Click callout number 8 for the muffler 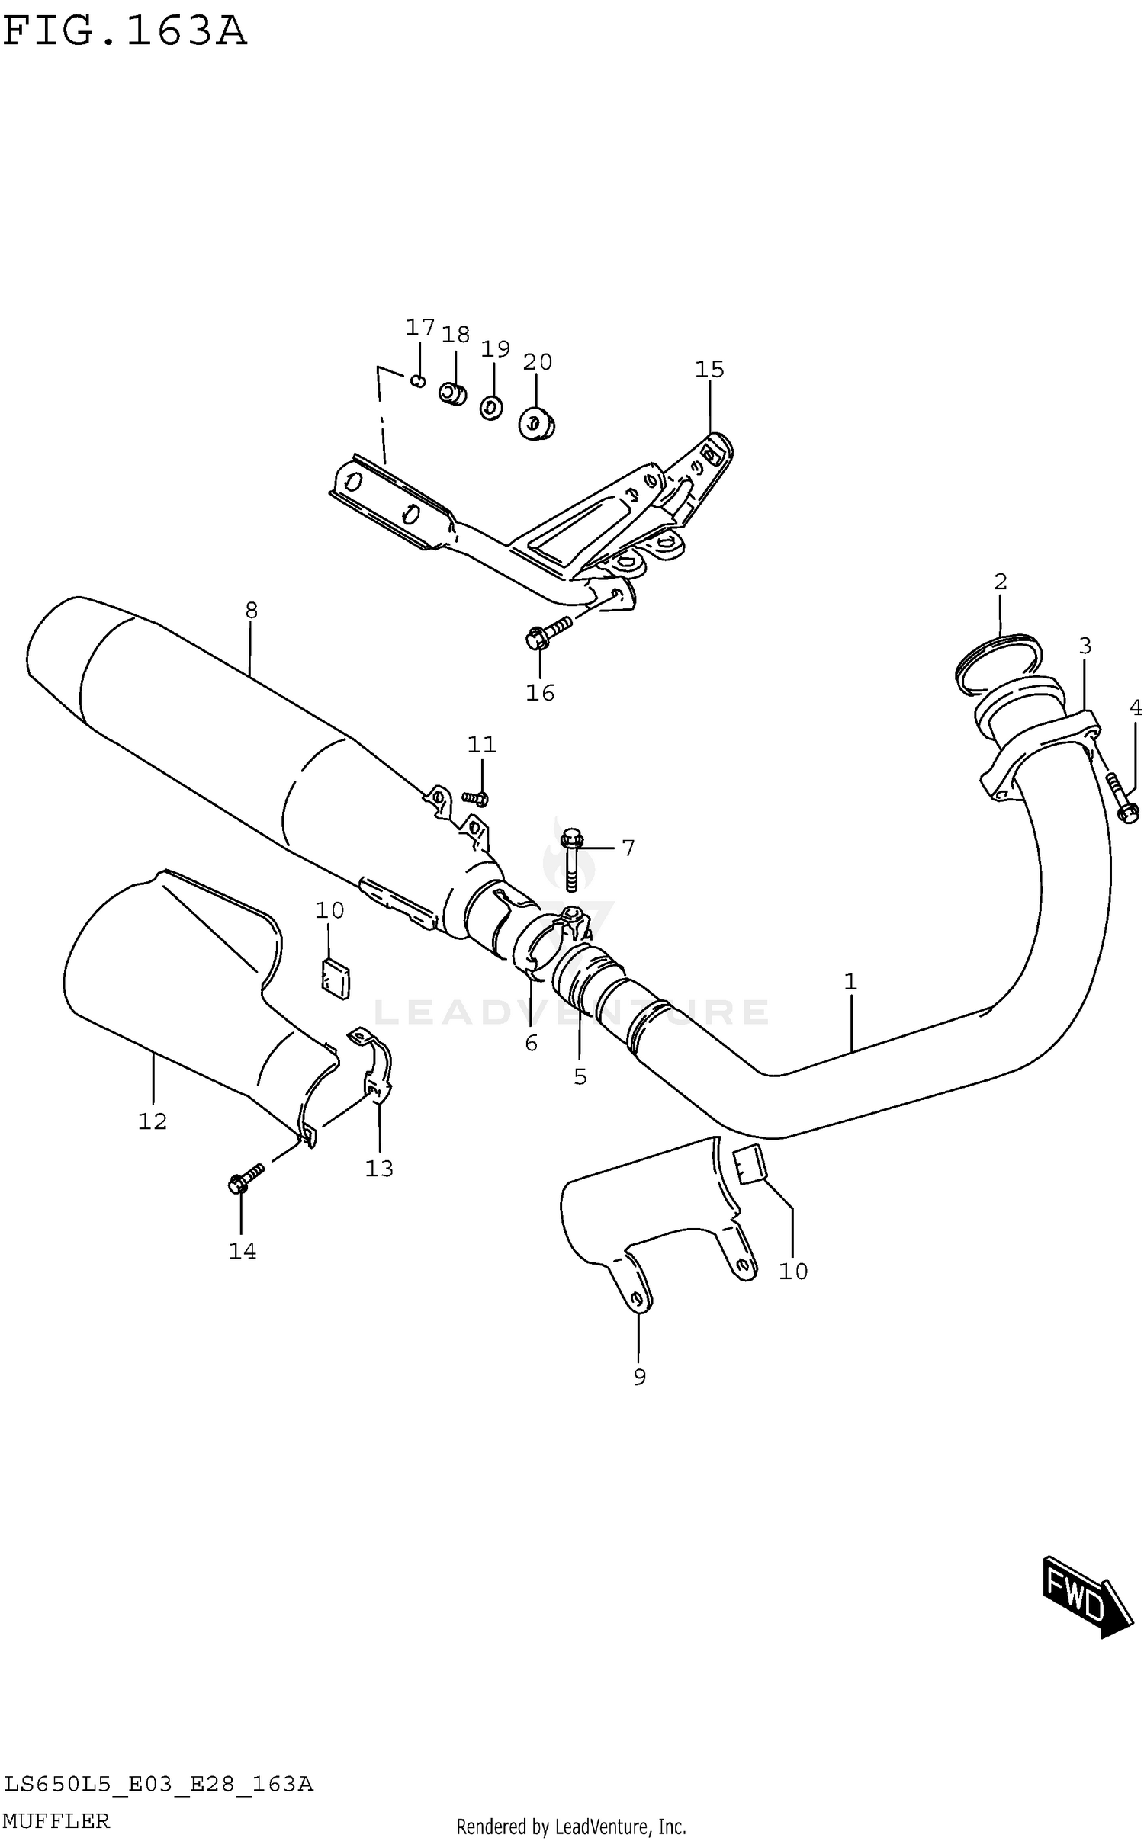point(251,610)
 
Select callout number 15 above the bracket point(709,370)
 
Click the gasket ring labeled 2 point(998,664)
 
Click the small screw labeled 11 point(476,798)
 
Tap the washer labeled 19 point(492,409)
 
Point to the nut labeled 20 point(536,423)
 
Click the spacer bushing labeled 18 point(452,394)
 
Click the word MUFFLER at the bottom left point(57,1820)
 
